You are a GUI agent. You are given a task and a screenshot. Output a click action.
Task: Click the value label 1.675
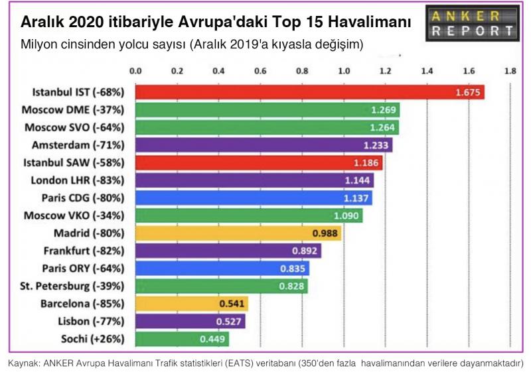click(467, 92)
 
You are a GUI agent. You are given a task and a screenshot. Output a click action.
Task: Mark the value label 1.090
click(346, 216)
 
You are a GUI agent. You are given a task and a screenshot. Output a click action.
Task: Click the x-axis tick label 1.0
click(344, 70)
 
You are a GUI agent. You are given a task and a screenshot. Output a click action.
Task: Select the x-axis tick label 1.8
click(510, 70)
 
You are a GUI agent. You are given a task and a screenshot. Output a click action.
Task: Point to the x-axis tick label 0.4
click(219, 70)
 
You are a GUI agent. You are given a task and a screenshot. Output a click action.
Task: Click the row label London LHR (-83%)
click(82, 180)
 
